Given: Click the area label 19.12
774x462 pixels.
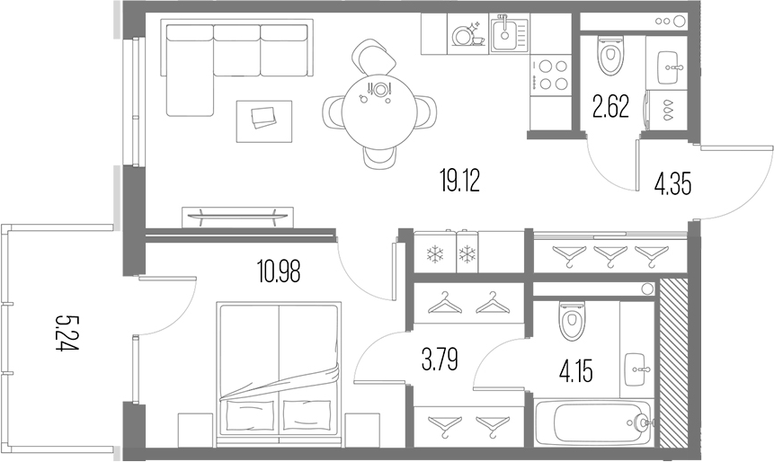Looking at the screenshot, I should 459,182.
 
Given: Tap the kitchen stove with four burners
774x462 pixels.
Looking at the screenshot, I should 551,74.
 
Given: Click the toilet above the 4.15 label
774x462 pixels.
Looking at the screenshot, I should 572,321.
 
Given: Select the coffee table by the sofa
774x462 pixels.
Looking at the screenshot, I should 264,120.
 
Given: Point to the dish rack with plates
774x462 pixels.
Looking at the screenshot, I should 467,35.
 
